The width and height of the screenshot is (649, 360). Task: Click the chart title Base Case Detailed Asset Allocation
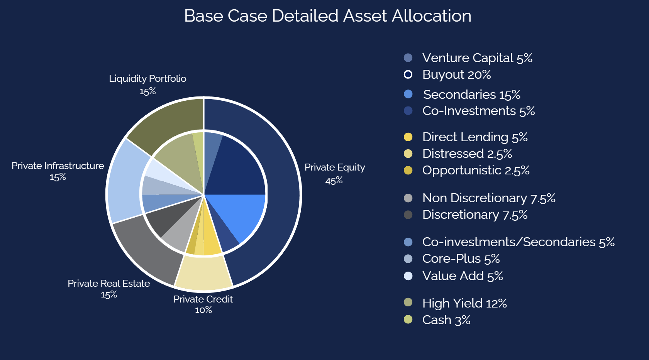click(x=327, y=16)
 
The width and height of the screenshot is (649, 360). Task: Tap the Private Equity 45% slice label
click(x=334, y=174)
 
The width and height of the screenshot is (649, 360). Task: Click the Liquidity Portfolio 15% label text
click(x=147, y=84)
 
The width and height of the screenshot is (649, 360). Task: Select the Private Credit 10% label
click(x=203, y=304)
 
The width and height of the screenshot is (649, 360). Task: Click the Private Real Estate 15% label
click(x=109, y=289)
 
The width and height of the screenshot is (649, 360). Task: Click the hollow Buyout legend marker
click(x=408, y=74)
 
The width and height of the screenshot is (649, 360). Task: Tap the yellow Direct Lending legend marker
click(x=408, y=137)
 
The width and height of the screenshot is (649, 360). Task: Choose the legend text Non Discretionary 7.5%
click(x=488, y=198)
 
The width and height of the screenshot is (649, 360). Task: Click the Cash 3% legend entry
click(x=446, y=320)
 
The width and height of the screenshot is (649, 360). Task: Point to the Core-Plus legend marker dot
click(x=408, y=259)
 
